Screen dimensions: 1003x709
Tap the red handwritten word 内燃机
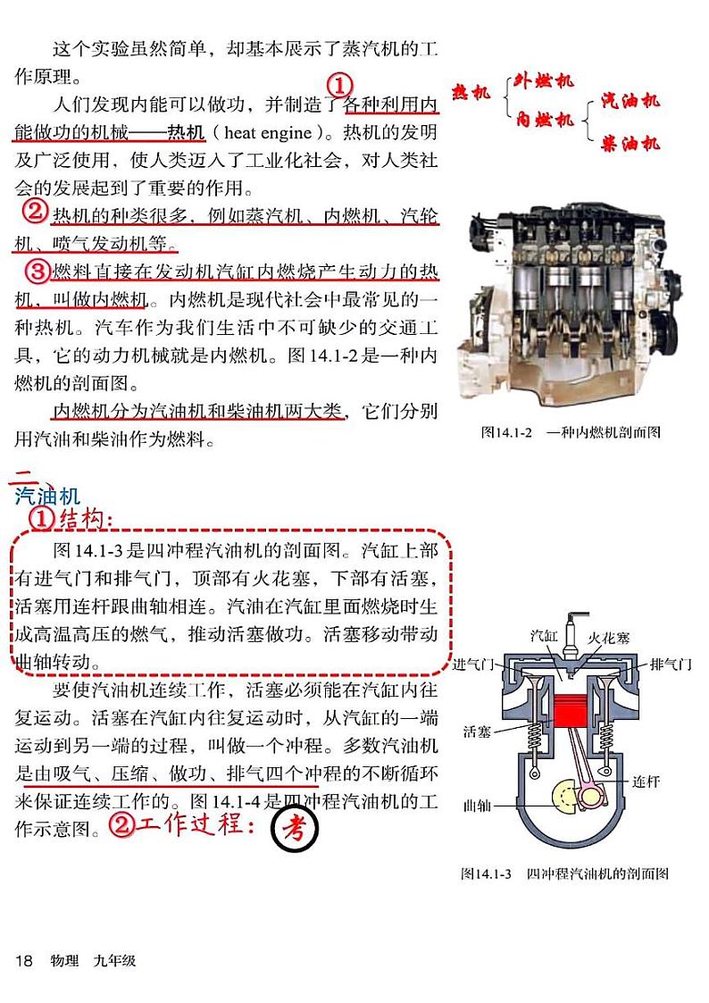[x=545, y=119]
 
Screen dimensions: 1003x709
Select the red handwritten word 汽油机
[x=630, y=100]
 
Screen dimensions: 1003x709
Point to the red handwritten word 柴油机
[x=630, y=142]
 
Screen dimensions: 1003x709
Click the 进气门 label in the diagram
[x=474, y=664]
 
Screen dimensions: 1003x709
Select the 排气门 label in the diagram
[x=671, y=664]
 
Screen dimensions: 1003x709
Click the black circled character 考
[x=295, y=830]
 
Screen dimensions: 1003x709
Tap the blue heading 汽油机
[x=48, y=496]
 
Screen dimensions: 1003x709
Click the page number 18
[x=24, y=961]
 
